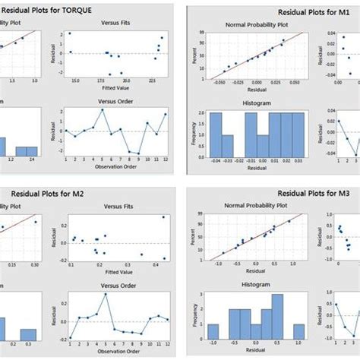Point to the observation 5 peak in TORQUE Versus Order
click(103, 110)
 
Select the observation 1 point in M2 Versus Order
click(71, 338)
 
